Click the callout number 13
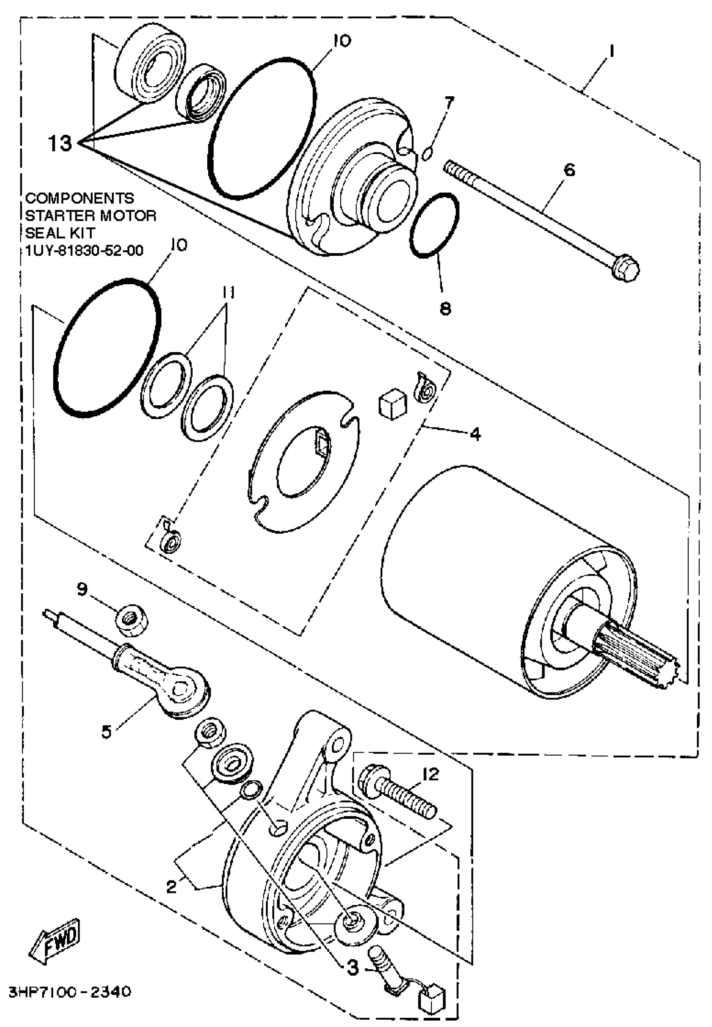60,144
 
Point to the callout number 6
569,170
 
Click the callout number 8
446,309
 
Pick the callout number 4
475,433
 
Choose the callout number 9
83,589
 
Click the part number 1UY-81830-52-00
84,251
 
